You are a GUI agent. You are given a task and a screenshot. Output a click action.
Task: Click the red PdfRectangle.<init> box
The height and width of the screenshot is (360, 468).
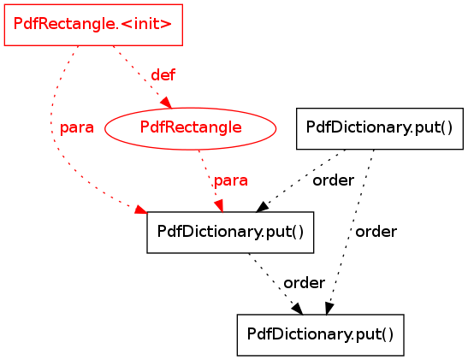coord(93,25)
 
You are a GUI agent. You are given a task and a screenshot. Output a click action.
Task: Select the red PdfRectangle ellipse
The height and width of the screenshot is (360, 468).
coord(191,128)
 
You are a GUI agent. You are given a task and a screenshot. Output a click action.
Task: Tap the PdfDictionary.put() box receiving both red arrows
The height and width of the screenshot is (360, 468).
coord(230,233)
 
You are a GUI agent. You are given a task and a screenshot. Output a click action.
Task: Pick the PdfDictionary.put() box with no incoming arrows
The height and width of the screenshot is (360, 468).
coord(380,128)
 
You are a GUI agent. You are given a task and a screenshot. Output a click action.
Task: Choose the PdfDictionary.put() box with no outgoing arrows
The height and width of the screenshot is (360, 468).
coord(321,335)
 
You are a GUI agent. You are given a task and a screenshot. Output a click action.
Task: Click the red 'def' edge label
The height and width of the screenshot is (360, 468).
coord(163,75)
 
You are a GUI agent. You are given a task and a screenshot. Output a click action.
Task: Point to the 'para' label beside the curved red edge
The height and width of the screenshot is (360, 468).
coord(77,128)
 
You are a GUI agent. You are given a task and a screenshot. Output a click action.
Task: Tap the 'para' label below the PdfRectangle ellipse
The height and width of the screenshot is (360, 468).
coord(231,180)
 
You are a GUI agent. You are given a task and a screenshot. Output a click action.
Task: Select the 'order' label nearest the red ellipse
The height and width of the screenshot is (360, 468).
coord(334,180)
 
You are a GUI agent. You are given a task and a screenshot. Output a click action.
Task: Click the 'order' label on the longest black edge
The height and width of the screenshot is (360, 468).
coord(376,232)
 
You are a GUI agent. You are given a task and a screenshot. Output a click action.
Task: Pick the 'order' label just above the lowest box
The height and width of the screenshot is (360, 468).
coord(304,283)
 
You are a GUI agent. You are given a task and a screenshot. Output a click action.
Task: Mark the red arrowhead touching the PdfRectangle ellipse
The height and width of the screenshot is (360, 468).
coord(167,103)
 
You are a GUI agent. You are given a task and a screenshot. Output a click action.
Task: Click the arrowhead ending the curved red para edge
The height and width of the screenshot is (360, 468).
coord(141,210)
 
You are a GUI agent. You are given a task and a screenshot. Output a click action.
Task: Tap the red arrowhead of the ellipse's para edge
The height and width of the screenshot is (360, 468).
coord(219,206)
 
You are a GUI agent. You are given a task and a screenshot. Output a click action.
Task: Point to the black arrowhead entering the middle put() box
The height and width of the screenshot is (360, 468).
coord(263,207)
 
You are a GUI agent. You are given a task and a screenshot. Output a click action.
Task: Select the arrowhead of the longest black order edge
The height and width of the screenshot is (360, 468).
coord(329,309)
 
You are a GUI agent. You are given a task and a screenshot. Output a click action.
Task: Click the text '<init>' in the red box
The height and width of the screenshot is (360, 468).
coord(147,24)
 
